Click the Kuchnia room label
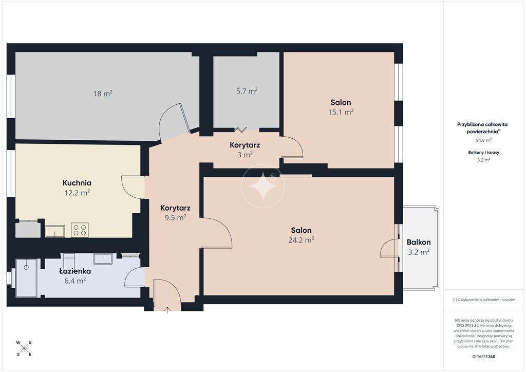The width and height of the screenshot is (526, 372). click(x=77, y=183)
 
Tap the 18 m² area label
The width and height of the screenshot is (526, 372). click(x=103, y=94)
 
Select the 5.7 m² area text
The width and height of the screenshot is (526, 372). click(x=247, y=91)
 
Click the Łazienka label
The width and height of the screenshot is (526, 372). click(x=75, y=271)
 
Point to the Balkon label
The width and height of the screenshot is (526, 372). click(x=419, y=242)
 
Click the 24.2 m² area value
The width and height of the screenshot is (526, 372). click(x=301, y=240)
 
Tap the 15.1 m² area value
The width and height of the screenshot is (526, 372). click(x=341, y=112)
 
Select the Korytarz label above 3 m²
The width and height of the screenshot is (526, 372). click(x=245, y=145)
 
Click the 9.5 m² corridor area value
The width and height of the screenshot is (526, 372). click(x=175, y=218)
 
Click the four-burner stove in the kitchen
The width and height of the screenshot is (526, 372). click(x=80, y=230)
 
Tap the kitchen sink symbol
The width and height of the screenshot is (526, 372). click(x=55, y=231)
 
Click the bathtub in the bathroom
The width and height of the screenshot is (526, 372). click(x=26, y=278)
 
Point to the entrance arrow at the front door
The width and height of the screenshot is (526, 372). click(x=167, y=310)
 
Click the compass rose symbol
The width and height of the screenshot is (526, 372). click(x=24, y=348)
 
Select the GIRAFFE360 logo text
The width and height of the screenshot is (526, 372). click(x=483, y=357)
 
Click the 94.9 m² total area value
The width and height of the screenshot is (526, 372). click(x=483, y=140)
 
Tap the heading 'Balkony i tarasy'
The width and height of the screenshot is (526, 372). click(x=483, y=152)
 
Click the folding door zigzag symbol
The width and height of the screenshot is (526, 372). click(x=240, y=129)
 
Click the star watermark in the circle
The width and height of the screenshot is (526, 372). click(x=263, y=186)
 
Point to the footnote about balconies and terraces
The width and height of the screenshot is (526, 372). click(x=483, y=300)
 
